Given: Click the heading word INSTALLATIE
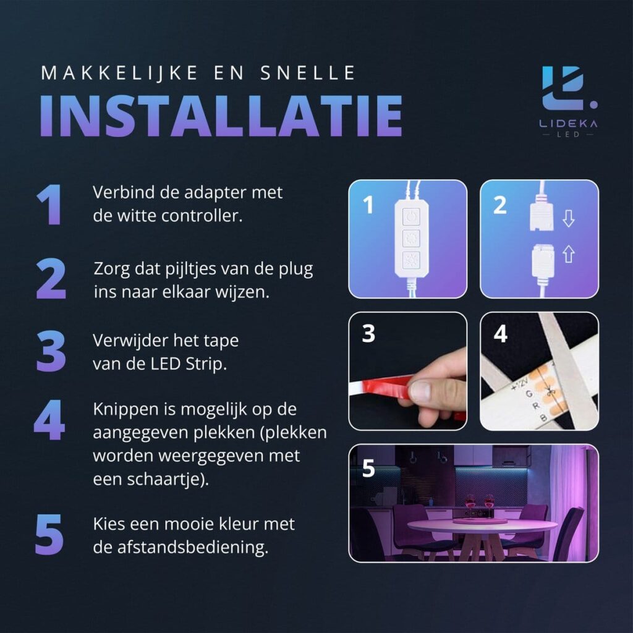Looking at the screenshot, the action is pos(221,116).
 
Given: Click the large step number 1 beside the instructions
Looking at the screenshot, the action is pos(49,205).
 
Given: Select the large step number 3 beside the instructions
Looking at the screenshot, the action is pos(51,351).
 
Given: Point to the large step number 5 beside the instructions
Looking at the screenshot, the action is pos(49,534).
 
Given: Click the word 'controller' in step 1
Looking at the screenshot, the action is pos(202,216).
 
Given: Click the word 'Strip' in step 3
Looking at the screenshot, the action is pos(206,364).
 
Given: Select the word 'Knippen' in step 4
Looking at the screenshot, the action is pos(125,410).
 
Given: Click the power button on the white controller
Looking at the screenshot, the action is pos(411,216).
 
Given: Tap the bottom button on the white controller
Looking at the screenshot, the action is pos(411,260).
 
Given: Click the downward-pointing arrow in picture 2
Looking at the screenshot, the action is pos(569,218).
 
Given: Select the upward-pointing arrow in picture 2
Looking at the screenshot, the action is pos(569,254).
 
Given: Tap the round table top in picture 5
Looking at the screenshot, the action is pos(482,525).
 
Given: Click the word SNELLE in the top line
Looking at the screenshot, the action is pos(308,73).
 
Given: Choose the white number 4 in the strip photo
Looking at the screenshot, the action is pos(500,334).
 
